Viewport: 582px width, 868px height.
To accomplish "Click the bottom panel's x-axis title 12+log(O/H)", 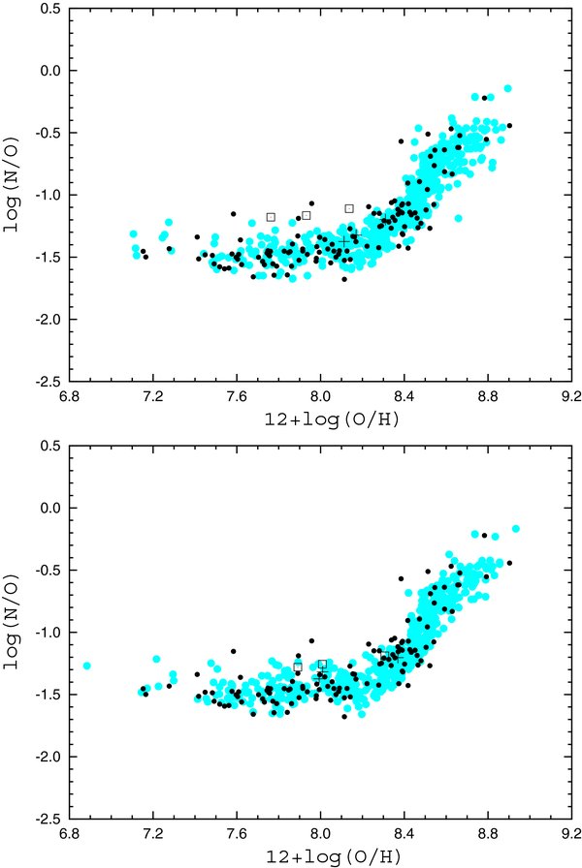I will tap(320, 855).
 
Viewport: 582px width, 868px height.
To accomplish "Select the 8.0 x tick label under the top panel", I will tap(320, 397).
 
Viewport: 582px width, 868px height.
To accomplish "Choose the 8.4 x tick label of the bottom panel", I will tap(404, 835).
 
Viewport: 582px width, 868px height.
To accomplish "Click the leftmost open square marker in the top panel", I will tap(271, 217).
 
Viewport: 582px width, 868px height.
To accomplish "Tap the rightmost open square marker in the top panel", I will tap(349, 208).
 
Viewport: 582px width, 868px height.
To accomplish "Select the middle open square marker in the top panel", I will tap(307, 215).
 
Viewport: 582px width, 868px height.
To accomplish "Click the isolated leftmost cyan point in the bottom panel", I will tap(87, 666).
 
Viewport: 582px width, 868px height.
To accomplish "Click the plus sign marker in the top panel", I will tap(346, 240).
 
